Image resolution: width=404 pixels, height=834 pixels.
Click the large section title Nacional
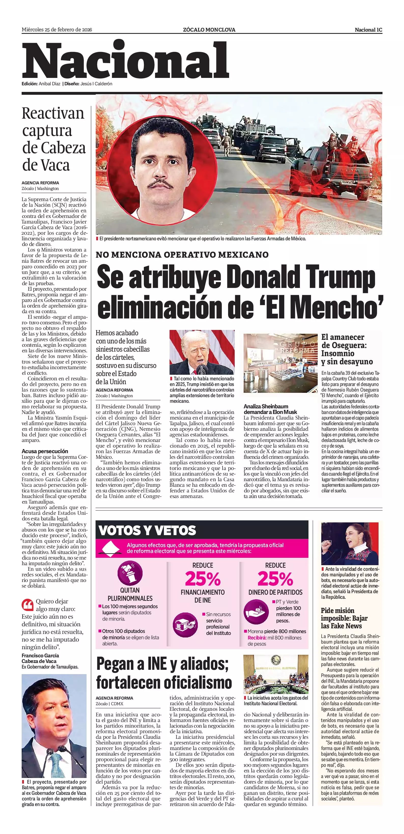click(x=126, y=61)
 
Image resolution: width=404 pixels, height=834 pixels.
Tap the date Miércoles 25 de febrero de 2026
click(x=57, y=30)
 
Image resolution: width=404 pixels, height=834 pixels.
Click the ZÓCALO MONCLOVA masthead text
click(x=209, y=30)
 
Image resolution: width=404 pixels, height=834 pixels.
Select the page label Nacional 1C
click(x=368, y=30)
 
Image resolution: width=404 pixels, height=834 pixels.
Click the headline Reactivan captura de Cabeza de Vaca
click(x=53, y=139)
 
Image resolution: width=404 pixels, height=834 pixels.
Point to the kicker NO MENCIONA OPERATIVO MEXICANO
click(x=182, y=255)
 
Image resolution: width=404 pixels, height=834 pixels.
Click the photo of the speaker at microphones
click(x=202, y=352)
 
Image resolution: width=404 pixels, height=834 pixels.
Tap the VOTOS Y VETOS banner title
click(x=147, y=530)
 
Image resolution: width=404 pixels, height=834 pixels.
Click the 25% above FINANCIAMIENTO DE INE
click(x=203, y=579)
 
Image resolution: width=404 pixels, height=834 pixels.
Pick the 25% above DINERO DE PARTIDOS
click(x=275, y=579)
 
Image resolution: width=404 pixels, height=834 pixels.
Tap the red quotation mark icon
click(x=27, y=604)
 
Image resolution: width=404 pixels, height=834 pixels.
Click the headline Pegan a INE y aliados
click(x=164, y=673)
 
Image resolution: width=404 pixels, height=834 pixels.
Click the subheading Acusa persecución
click(x=45, y=451)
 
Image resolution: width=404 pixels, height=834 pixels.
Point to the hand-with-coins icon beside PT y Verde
click(x=256, y=612)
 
